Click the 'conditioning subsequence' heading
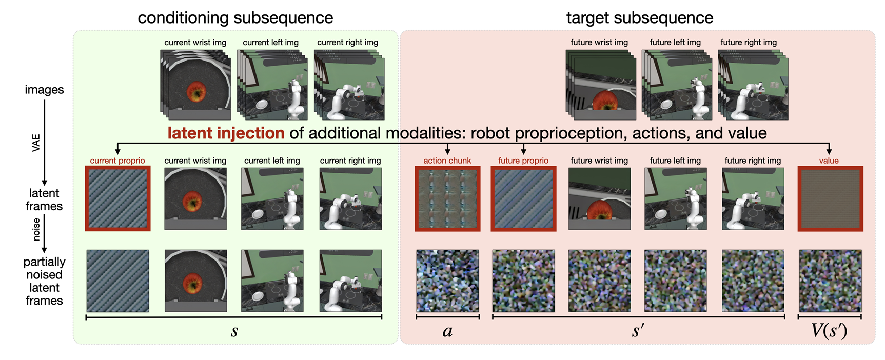click(x=235, y=18)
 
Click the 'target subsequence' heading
click(x=639, y=18)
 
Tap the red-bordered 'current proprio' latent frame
click(x=117, y=198)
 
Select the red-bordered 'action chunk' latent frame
click(x=447, y=198)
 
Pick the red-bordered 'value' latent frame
click(x=830, y=198)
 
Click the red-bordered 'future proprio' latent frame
click(x=523, y=198)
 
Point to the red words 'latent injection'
click(x=226, y=133)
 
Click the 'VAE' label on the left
click(x=36, y=143)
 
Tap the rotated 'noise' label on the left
click(x=36, y=229)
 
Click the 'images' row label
click(x=44, y=90)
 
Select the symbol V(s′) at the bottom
click(x=829, y=331)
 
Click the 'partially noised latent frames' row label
click(x=44, y=281)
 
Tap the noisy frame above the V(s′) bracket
click(x=830, y=281)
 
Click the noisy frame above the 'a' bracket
click(x=447, y=281)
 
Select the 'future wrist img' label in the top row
click(x=599, y=42)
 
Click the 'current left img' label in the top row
click(x=270, y=42)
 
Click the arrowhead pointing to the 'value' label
click(x=829, y=151)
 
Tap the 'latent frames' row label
click(x=44, y=199)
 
